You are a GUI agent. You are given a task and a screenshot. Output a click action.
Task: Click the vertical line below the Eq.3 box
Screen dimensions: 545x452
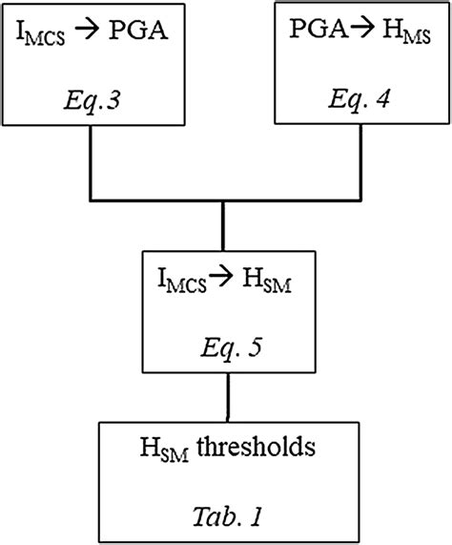tap(90, 163)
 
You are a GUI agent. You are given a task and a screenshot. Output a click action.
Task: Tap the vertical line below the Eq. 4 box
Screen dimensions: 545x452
tap(359, 163)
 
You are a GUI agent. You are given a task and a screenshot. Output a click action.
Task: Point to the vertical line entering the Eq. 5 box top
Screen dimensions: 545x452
tap(223, 226)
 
